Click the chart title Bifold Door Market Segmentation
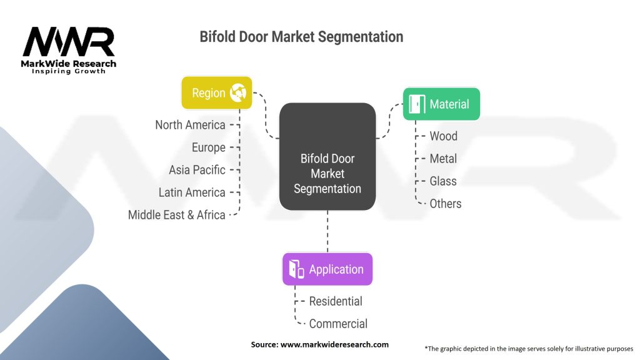(301, 37)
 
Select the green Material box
(441, 104)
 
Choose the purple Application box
(327, 269)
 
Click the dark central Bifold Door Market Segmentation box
(327, 156)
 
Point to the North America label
(190, 125)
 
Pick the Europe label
(209, 147)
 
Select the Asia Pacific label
(197, 170)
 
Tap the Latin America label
(192, 192)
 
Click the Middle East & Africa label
(176, 215)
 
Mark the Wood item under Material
(443, 136)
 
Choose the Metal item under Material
(443, 159)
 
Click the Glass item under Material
(443, 181)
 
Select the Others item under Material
(446, 204)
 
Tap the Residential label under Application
(336, 301)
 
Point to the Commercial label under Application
(338, 324)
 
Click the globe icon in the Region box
(238, 93)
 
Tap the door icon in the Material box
(416, 104)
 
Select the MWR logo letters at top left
(69, 42)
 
